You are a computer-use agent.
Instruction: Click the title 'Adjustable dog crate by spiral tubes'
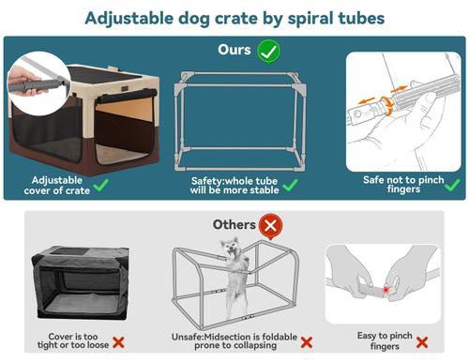234,18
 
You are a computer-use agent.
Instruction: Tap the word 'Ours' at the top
234,51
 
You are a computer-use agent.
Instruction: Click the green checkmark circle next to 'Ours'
268,51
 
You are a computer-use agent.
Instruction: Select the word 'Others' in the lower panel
233,225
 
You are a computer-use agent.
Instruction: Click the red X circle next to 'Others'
271,225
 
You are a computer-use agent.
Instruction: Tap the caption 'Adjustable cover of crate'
65,185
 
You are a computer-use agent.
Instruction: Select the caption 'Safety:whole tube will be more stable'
228,185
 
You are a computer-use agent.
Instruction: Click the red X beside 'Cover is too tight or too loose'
120,343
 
